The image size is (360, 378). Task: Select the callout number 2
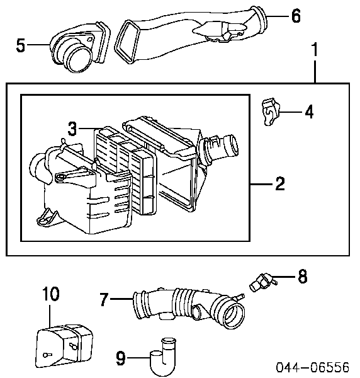coord(280,184)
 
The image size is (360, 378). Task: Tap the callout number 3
coord(72,129)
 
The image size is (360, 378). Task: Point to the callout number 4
coord(308,113)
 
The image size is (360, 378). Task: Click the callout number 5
coord(21,45)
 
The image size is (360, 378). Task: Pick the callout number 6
coord(296,15)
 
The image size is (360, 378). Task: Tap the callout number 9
coord(121,358)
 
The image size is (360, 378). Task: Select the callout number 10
coord(51,293)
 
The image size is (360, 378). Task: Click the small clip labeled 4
coord(269,112)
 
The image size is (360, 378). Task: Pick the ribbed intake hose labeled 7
coord(189,304)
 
